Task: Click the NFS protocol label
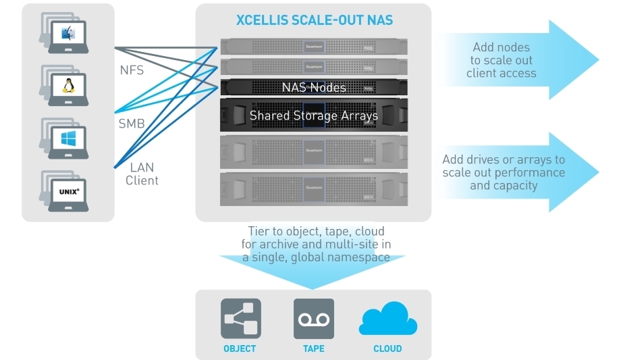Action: (131, 70)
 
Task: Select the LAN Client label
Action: (142, 174)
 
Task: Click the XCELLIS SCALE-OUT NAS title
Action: (314, 20)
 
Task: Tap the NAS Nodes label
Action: (314, 87)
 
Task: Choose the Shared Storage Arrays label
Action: (314, 115)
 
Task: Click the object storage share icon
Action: (240, 318)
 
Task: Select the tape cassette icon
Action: (313, 318)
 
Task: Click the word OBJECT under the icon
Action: (240, 349)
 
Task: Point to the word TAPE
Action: (313, 349)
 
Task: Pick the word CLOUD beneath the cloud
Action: (387, 349)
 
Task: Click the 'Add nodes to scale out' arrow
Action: (520, 60)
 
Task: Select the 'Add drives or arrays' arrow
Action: (520, 172)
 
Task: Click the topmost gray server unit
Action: (314, 47)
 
